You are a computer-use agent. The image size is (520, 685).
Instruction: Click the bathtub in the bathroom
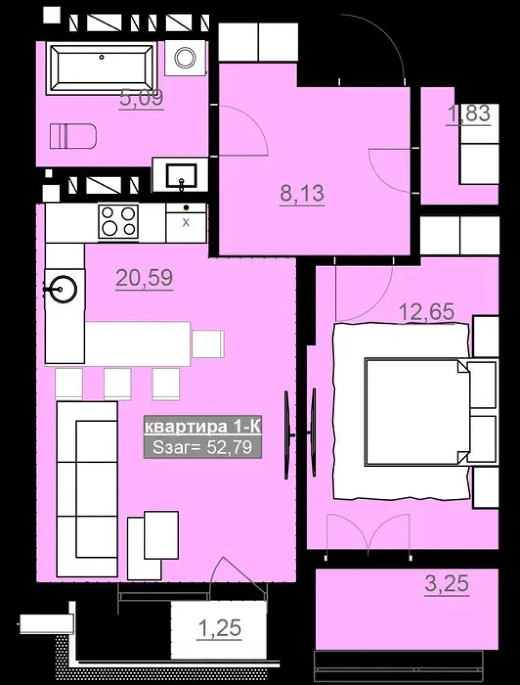pos(102,68)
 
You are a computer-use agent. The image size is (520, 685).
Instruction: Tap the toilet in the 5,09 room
pos(73,137)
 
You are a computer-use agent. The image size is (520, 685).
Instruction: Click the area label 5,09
pos(142,98)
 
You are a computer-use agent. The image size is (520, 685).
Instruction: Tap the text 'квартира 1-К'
pos(203,427)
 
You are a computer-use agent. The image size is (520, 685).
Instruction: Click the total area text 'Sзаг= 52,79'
pos(203,447)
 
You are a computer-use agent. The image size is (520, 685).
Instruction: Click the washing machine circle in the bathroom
pos(186,57)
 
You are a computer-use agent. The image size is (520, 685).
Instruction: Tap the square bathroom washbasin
pos(182,176)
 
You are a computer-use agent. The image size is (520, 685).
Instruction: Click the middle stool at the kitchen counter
pos(118,384)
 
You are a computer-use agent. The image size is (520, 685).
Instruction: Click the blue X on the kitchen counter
pos(186,223)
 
